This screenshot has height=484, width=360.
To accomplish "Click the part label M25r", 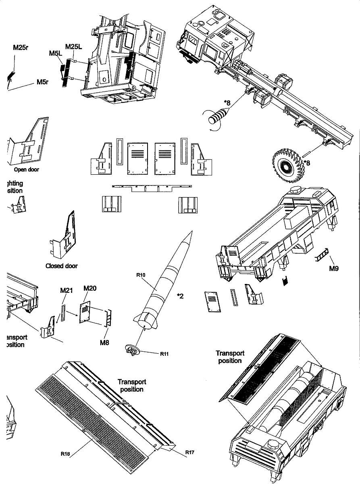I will coord(20,47).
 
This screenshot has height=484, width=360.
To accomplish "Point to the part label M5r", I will coord(42,82).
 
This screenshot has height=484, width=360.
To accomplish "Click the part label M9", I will coord(333,269).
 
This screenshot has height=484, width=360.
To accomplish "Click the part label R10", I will coord(141,275).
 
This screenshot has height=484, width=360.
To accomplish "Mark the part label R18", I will coord(66,453).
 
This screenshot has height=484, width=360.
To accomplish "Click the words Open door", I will coord(27,169).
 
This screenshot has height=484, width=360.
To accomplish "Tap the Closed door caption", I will coord(62,266).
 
